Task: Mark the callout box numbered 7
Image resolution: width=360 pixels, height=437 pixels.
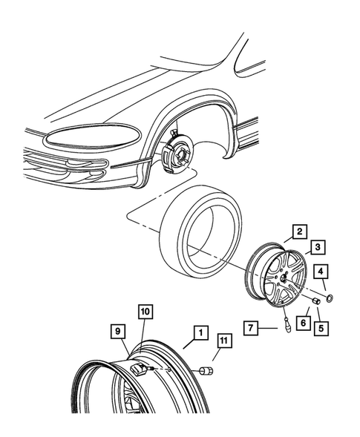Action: tap(252, 327)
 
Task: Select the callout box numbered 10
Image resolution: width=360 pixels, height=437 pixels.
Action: tap(143, 311)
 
